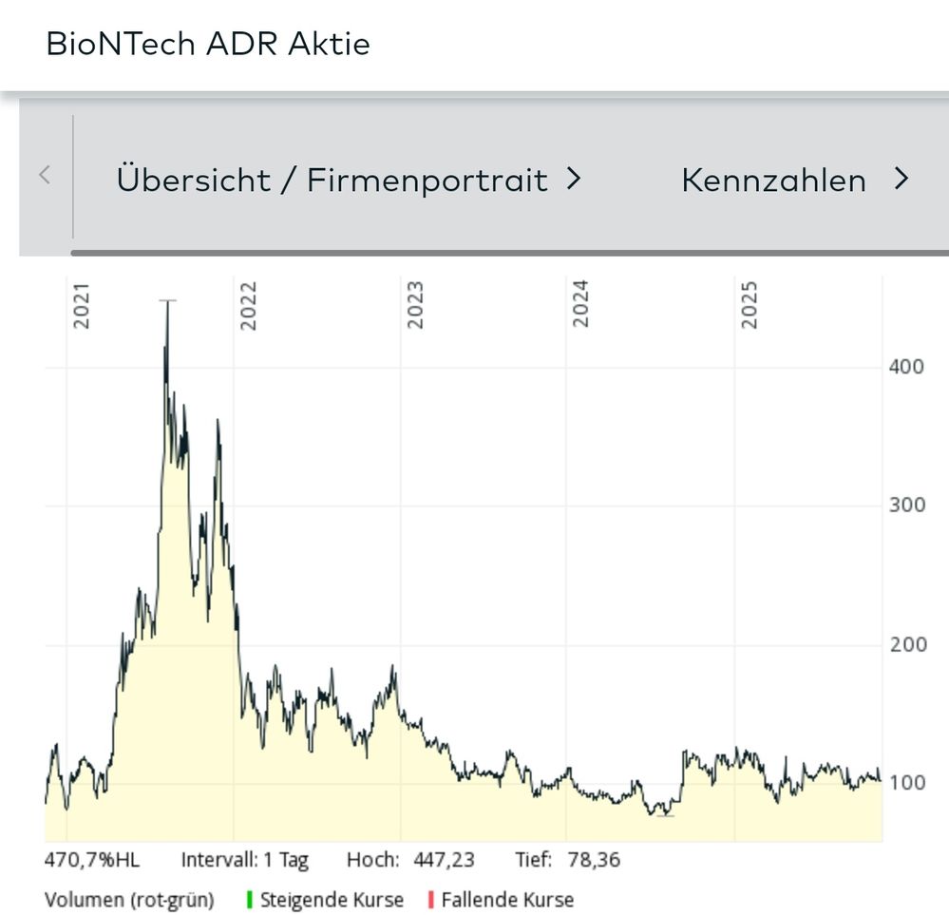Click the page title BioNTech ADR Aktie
[208, 44]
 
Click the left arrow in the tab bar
[45, 176]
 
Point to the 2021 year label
[82, 305]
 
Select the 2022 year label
[249, 305]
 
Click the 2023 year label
[415, 305]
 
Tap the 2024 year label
[581, 305]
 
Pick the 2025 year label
[750, 305]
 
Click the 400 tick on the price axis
[906, 367]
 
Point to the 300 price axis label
[906, 505]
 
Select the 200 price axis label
[906, 645]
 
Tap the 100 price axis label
[906, 784]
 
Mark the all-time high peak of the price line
[167, 302]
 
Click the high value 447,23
[444, 861]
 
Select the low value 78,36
[594, 861]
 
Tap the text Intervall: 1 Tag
[245, 861]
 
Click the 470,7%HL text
[92, 861]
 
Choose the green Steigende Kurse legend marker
[250, 899]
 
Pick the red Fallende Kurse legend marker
[431, 899]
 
